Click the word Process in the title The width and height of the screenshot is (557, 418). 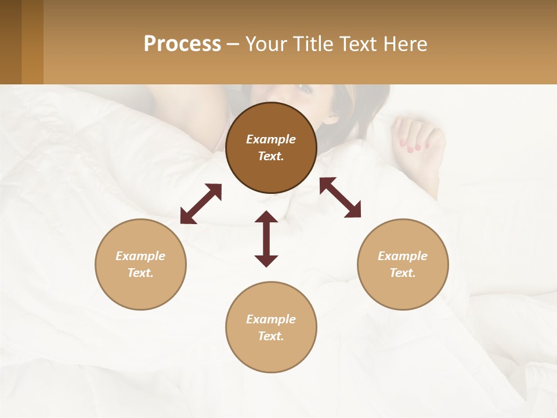click(x=182, y=44)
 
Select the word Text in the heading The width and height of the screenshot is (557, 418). click(x=358, y=44)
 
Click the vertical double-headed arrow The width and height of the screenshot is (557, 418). click(x=266, y=239)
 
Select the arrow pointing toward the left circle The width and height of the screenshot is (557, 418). click(x=201, y=204)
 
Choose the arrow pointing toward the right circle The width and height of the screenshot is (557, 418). click(x=340, y=197)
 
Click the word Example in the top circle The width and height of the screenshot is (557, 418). click(x=271, y=139)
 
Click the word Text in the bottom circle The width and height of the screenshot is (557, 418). click(x=271, y=336)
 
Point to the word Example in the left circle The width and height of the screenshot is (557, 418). click(x=140, y=256)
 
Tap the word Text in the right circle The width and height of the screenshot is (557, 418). click(x=403, y=273)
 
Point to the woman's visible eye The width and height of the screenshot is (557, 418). click(x=306, y=88)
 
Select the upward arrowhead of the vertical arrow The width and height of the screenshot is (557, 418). click(x=266, y=217)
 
